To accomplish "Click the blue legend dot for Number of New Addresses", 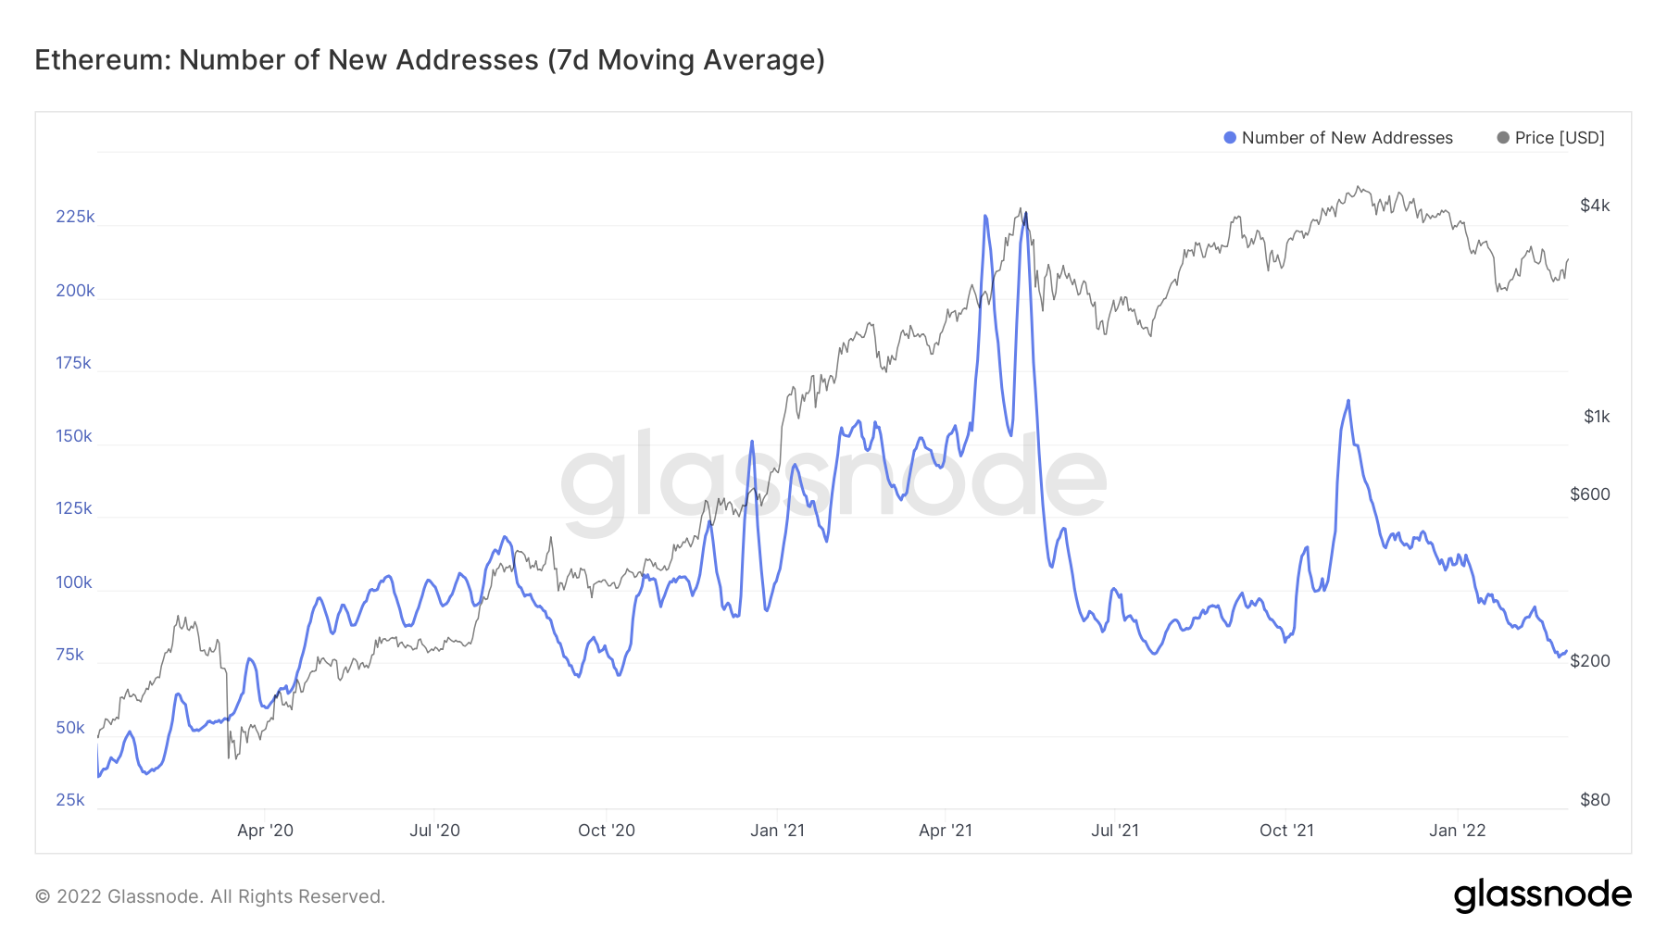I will pos(1230,138).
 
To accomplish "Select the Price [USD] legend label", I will pos(1560,138).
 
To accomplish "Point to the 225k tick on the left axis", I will pos(75,217).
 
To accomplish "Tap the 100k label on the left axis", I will pos(74,582).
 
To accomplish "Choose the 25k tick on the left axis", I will pos(70,800).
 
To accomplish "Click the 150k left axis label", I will pos(74,436).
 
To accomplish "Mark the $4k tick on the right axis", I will pos(1595,206).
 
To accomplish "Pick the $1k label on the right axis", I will pos(1597,417).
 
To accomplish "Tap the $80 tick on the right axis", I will pos(1595,800).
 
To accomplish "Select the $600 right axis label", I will pos(1590,494).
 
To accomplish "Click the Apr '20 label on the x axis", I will pos(265,831).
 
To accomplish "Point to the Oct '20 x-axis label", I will pos(607,831).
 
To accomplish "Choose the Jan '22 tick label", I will pos(1457,831).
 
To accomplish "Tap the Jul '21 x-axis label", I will pos(1115,831).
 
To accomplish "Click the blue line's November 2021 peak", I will pos(1348,401).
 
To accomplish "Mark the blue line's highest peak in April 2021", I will pos(984,216).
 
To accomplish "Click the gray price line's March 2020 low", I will pos(229,757).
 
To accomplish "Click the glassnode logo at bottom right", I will pos(1542,895).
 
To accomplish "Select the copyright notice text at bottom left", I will pos(210,896).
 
